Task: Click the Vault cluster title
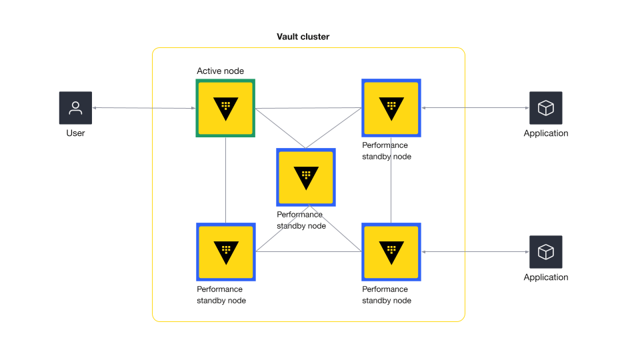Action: point(303,37)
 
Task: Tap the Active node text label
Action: point(220,71)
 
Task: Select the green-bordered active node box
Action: point(225,108)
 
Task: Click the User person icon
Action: point(75,108)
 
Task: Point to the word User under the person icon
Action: point(75,133)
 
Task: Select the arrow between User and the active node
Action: point(144,108)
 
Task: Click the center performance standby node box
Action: point(306,177)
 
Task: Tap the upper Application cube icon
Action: point(546,108)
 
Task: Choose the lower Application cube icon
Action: point(546,252)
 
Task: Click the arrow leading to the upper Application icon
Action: point(475,108)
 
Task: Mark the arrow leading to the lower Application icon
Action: point(475,252)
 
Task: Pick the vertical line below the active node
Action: point(225,180)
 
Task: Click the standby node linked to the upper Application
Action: point(391,108)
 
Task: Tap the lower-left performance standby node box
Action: point(225,252)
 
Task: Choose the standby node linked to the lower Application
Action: point(391,252)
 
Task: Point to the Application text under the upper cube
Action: point(546,133)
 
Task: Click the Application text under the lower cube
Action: point(546,277)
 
